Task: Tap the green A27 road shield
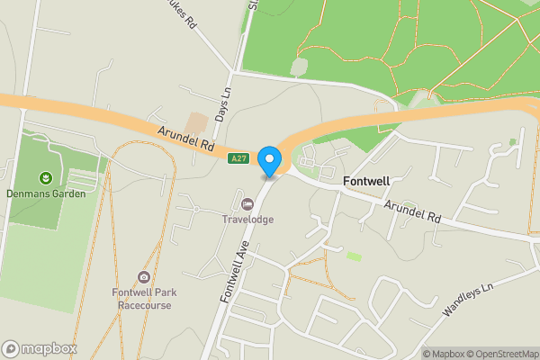pos(238,159)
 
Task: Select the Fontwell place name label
pos(366,181)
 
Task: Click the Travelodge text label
pos(247,219)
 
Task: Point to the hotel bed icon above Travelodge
pos(247,203)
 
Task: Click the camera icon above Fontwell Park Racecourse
pos(143,277)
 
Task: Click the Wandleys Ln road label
pos(470,302)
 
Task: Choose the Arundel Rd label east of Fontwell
pos(415,212)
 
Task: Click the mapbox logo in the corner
pos(40,348)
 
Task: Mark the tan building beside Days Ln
pos(196,122)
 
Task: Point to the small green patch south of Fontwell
pos(355,256)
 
